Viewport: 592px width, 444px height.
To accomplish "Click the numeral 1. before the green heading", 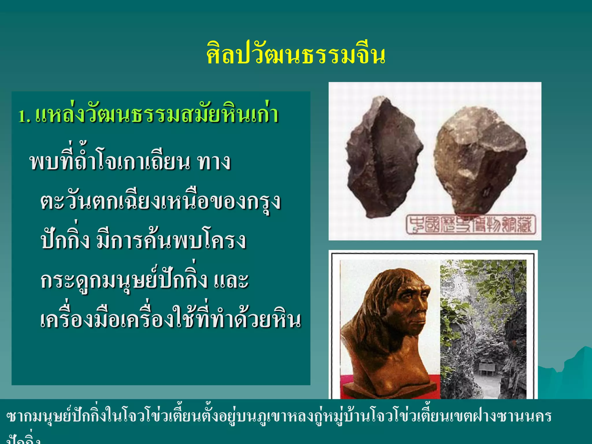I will click(24, 116).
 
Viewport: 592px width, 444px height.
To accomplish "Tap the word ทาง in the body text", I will click(214, 162).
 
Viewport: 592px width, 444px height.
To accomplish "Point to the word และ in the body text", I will click(231, 280).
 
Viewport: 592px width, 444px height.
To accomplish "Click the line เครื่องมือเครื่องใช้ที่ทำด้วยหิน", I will click(171, 319).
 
